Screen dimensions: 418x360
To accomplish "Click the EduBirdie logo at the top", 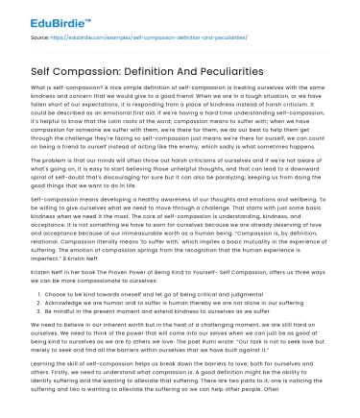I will coord(40,13).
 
